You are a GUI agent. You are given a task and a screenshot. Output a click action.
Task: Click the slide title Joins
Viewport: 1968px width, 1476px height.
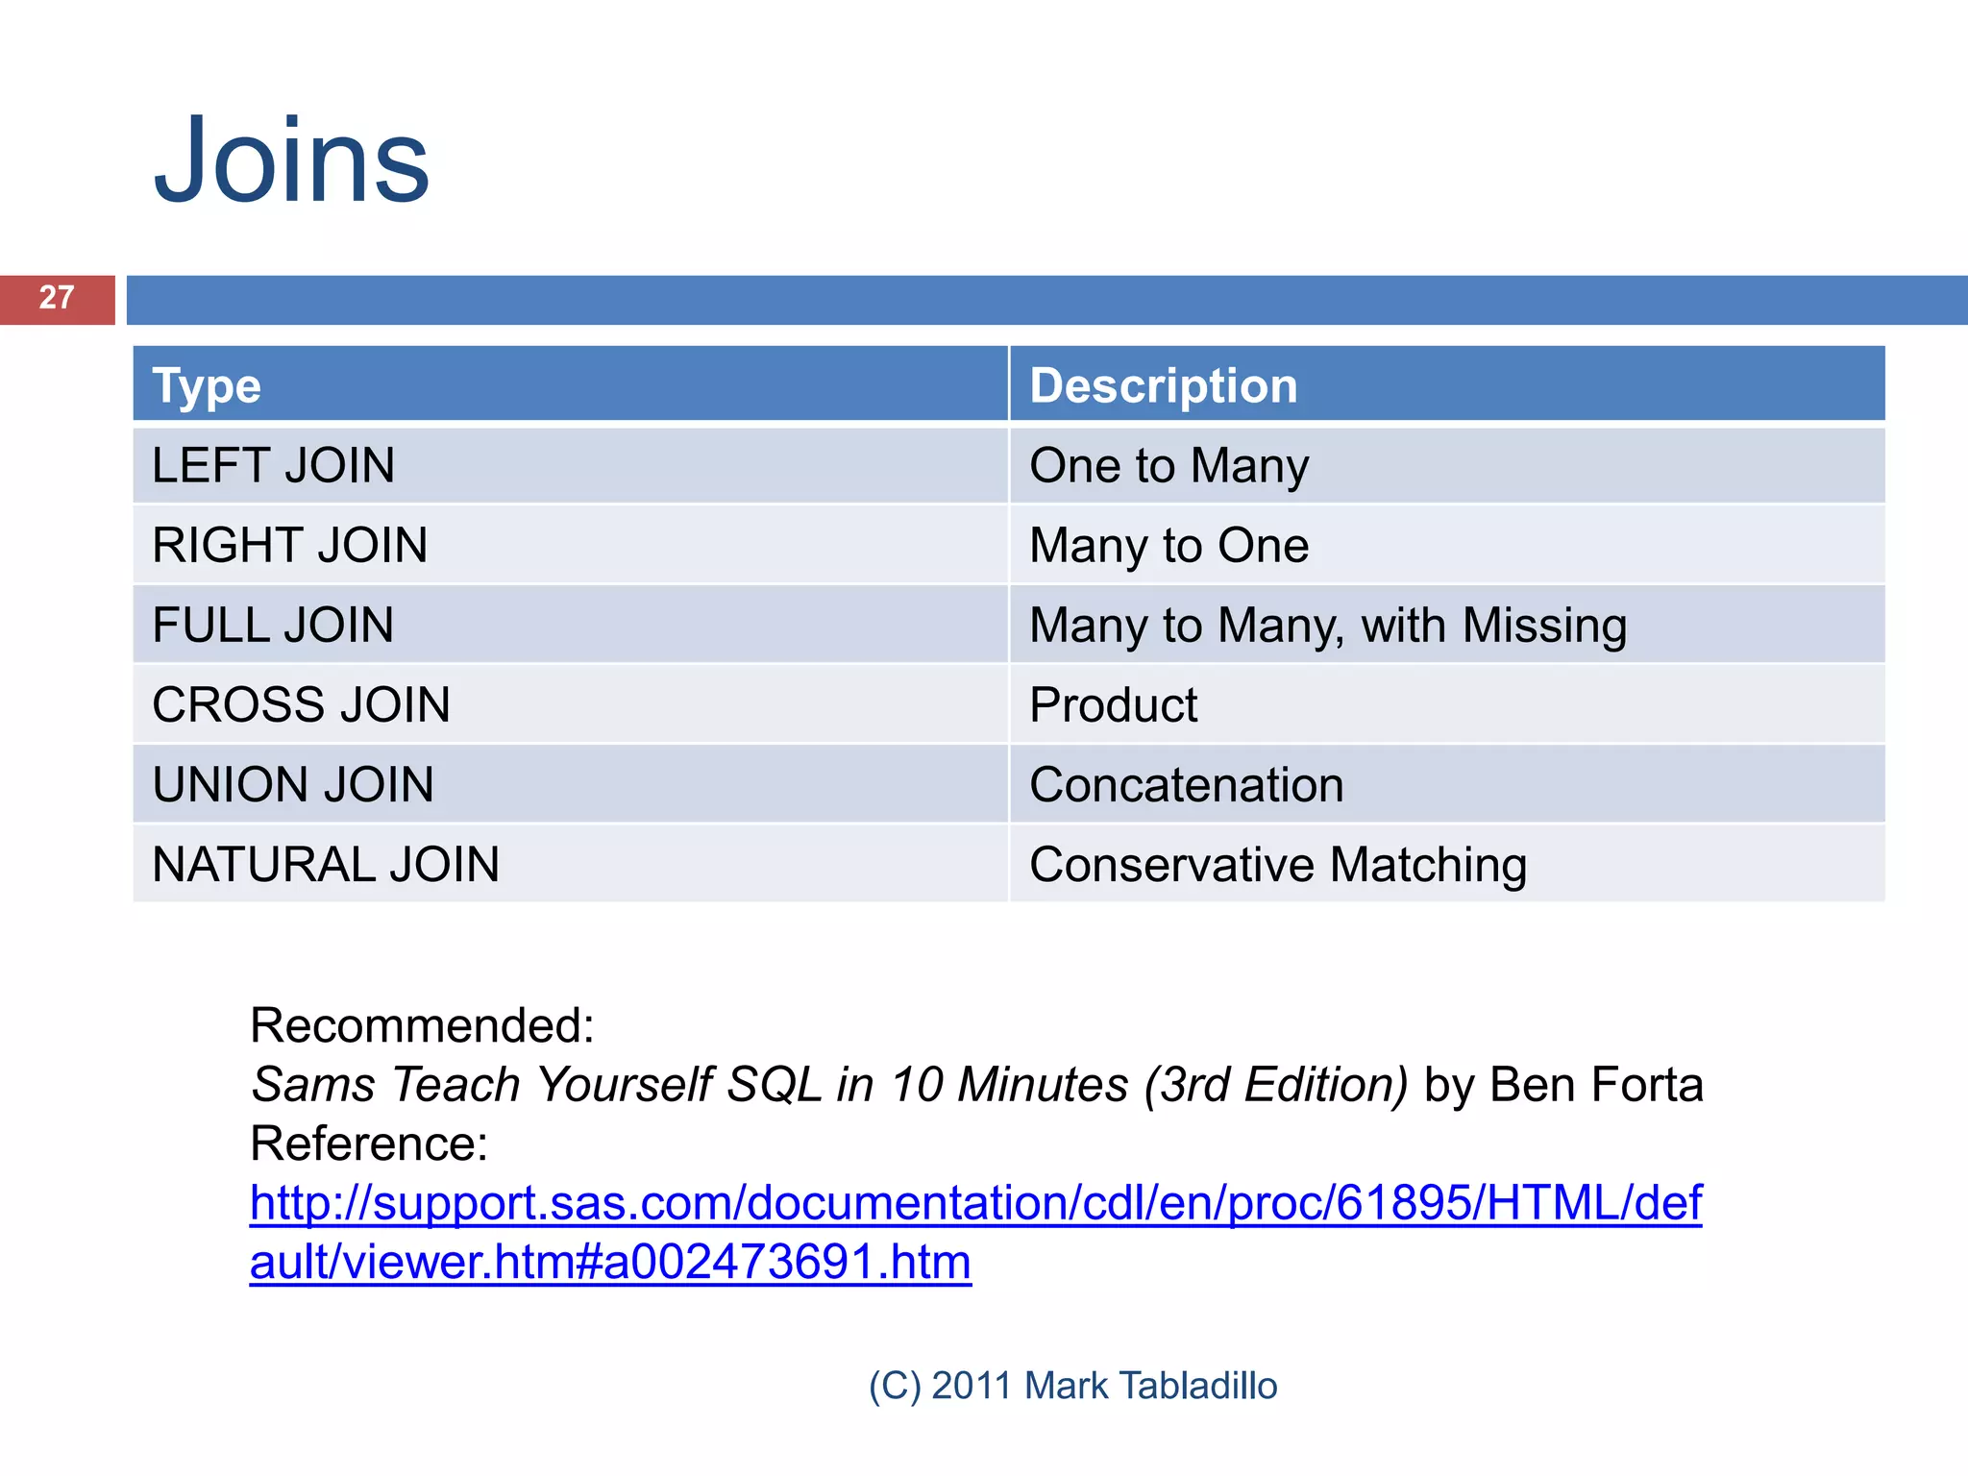click(x=291, y=161)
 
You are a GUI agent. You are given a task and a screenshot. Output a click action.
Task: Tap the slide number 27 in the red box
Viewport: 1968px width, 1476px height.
click(x=57, y=298)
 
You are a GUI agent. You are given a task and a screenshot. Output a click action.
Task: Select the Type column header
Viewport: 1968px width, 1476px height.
click(x=207, y=386)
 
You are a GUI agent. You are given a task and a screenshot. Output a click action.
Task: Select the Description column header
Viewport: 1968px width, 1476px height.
click(x=1163, y=386)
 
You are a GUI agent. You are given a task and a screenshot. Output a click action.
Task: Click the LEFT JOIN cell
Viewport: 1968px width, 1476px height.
click(x=274, y=466)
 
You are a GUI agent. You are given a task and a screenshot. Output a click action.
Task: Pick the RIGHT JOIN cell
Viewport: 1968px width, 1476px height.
click(x=289, y=546)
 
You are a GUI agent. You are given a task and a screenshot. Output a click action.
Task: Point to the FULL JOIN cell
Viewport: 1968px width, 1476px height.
click(x=273, y=626)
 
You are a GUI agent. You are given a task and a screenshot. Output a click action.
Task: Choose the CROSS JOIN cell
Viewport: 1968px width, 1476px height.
click(x=301, y=705)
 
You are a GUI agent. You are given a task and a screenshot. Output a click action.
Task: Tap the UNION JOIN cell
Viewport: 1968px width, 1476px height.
click(x=293, y=785)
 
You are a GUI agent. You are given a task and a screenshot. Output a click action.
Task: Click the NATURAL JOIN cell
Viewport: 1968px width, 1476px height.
click(x=326, y=865)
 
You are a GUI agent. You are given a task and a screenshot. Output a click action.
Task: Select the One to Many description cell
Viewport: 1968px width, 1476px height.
click(x=1168, y=466)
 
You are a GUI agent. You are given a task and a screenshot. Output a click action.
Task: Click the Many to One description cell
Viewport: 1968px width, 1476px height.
click(x=1168, y=546)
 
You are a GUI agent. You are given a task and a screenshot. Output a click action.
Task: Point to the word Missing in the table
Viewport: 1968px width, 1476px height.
click(x=1544, y=626)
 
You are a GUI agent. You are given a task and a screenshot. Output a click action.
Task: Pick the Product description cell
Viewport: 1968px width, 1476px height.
click(x=1113, y=705)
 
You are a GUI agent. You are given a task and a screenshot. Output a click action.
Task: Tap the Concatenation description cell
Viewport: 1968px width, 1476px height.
click(x=1186, y=785)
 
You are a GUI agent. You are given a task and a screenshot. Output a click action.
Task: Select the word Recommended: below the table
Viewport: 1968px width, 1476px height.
click(x=422, y=1025)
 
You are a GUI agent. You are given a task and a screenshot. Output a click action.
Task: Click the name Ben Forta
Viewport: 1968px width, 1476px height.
click(x=1596, y=1085)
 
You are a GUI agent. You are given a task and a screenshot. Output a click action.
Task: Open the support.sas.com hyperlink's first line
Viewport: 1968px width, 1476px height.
click(x=975, y=1203)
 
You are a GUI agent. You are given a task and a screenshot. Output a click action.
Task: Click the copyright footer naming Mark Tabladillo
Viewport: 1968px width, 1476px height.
click(x=1072, y=1386)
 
